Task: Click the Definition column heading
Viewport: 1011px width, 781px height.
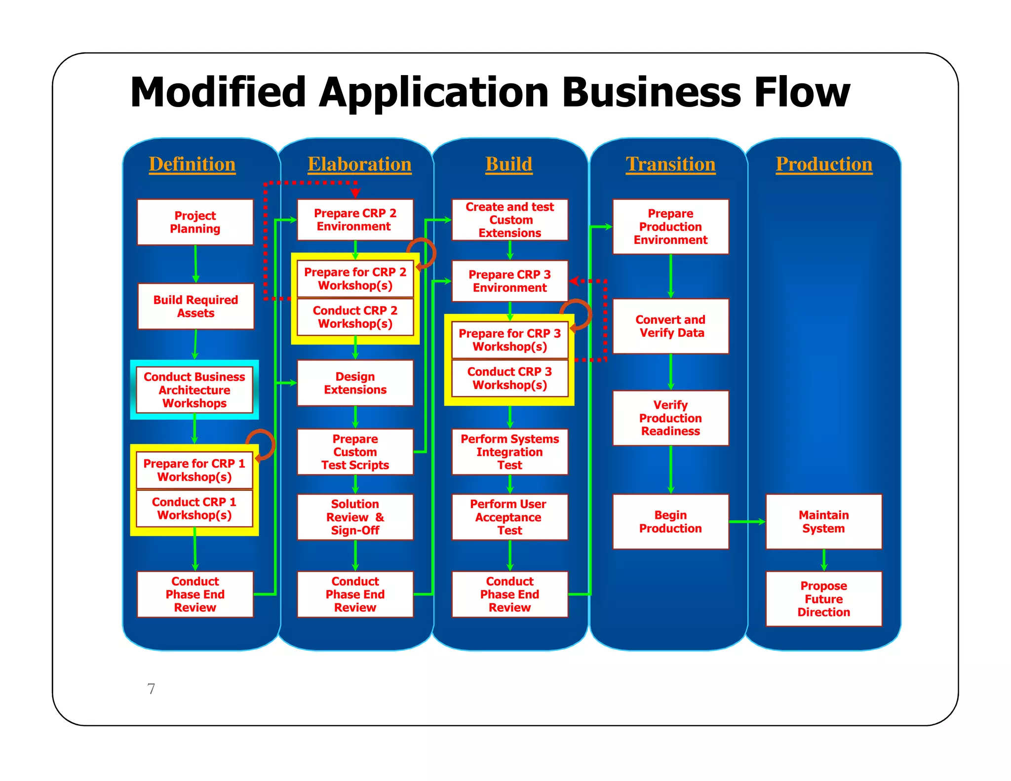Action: coord(192,164)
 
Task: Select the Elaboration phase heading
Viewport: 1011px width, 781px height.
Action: coord(359,164)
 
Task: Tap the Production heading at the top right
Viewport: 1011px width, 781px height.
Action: coord(823,164)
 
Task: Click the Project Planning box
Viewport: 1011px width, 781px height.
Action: coord(195,222)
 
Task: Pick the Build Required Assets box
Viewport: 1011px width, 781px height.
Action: coord(195,306)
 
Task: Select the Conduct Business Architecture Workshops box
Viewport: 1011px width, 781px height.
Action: coord(194,390)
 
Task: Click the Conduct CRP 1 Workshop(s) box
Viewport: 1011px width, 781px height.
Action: coord(194,508)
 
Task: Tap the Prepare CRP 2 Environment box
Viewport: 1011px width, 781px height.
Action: coord(355,220)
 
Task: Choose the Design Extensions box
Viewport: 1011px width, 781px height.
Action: coord(355,383)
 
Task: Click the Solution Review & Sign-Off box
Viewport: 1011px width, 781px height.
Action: coord(355,517)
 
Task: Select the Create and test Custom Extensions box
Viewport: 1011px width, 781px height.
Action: coord(509,220)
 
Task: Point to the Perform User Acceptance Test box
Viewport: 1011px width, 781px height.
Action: coord(509,517)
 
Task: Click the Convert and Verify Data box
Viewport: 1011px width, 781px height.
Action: coord(670,326)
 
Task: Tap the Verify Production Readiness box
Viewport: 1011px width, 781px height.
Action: coord(670,418)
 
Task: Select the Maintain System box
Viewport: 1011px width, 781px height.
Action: coord(823,521)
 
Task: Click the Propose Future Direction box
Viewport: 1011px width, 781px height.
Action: coord(823,599)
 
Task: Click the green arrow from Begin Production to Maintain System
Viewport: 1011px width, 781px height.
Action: coord(746,521)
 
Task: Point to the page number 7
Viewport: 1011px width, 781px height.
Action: coord(151,689)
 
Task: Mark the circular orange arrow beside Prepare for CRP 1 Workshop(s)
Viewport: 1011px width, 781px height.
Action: coord(262,444)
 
